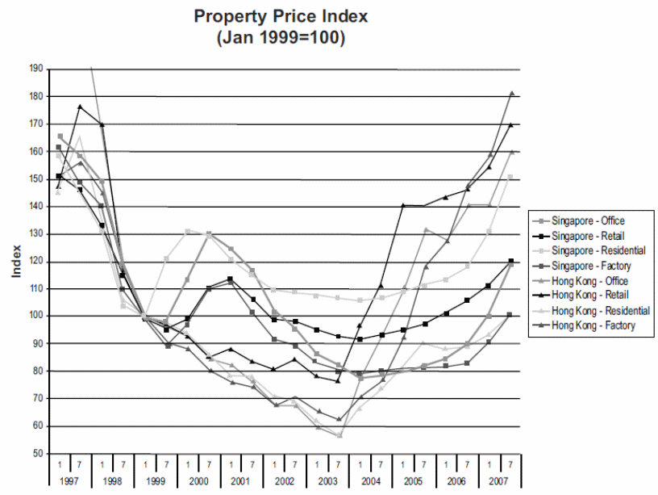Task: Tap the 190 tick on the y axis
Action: click(x=35, y=69)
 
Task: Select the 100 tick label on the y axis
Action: click(x=35, y=317)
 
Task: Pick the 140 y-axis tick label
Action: click(x=35, y=207)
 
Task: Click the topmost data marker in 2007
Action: click(x=511, y=94)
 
